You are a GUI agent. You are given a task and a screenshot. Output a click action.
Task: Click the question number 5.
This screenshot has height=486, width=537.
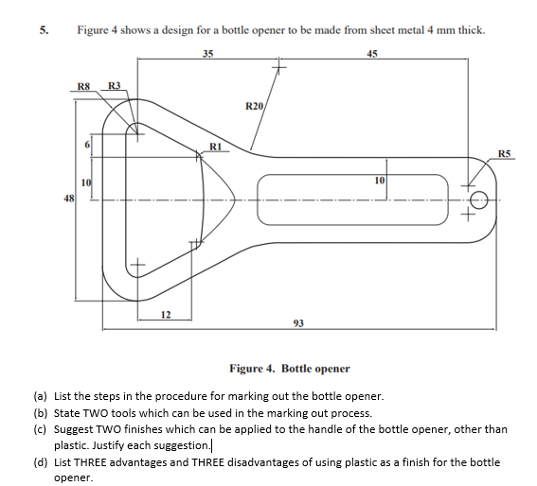pyautogui.click(x=44, y=29)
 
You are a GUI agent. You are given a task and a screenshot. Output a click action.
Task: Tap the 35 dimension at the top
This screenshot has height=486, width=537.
pyautogui.click(x=207, y=53)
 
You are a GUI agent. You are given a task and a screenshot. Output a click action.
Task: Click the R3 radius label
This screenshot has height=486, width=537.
pyautogui.click(x=114, y=87)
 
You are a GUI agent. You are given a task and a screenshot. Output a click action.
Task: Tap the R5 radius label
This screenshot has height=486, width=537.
pyautogui.click(x=504, y=152)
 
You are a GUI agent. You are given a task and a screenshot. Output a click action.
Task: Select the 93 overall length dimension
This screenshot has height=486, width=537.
pyautogui.click(x=298, y=323)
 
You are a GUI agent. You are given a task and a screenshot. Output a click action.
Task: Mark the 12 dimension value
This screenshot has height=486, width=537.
pyautogui.click(x=165, y=314)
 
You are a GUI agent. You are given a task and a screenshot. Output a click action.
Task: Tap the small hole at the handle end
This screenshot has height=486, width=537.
pyautogui.click(x=479, y=200)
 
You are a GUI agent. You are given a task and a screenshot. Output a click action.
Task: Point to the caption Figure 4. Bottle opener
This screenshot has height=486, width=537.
pyautogui.click(x=290, y=368)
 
